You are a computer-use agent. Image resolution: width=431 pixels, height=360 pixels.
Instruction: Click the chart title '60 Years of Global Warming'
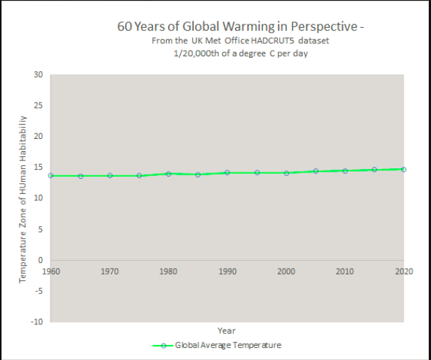(x=241, y=26)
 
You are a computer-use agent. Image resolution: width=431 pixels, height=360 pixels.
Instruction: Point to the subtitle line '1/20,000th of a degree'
(x=241, y=54)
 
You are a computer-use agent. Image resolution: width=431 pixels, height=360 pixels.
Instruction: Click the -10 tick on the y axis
(x=37, y=322)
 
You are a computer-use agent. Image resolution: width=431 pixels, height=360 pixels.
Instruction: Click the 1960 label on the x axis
(x=51, y=272)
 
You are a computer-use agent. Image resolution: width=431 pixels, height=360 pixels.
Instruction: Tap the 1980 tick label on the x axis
(x=168, y=272)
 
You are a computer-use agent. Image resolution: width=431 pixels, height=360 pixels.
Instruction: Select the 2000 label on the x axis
(x=286, y=272)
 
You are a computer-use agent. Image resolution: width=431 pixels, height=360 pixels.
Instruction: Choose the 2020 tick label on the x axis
(x=404, y=272)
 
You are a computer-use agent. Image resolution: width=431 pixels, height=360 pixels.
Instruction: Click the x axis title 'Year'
(x=227, y=331)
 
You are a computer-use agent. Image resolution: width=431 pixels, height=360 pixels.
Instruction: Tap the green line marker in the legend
(x=163, y=345)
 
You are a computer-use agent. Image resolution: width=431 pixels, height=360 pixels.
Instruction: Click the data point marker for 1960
(x=51, y=175)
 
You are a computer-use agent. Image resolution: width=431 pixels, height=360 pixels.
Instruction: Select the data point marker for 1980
(x=168, y=173)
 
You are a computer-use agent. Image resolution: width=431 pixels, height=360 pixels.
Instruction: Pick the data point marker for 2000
(x=286, y=173)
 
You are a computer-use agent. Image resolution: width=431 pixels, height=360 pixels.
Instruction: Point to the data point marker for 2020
(x=403, y=169)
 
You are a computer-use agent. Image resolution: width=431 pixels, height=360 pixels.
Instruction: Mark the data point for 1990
(x=227, y=173)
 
